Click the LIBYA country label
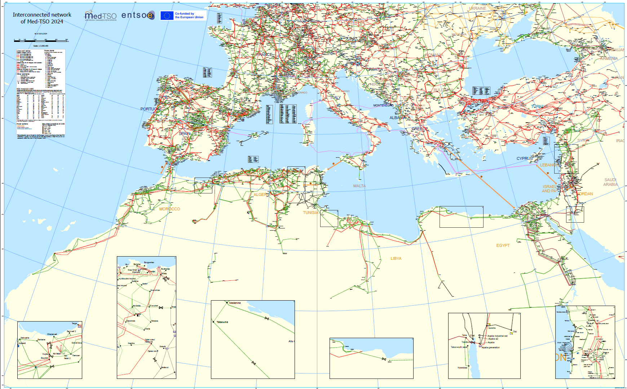click(x=396, y=258)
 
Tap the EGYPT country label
click(x=503, y=245)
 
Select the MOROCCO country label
click(x=169, y=209)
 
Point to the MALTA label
click(x=359, y=186)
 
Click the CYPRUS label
click(x=524, y=158)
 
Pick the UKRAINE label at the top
click(x=477, y=8)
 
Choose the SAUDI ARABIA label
click(x=610, y=182)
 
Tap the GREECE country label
click(x=420, y=129)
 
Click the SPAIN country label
click(x=185, y=134)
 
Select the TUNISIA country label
click(x=310, y=213)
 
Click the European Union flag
click(x=167, y=16)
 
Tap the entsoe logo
click(x=138, y=15)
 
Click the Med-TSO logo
click(x=101, y=16)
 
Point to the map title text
click(x=42, y=18)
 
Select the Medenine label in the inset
click(x=235, y=303)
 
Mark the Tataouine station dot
click(x=214, y=322)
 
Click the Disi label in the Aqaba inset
click(x=515, y=331)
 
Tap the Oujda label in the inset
click(x=45, y=354)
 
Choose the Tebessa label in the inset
click(x=154, y=321)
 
